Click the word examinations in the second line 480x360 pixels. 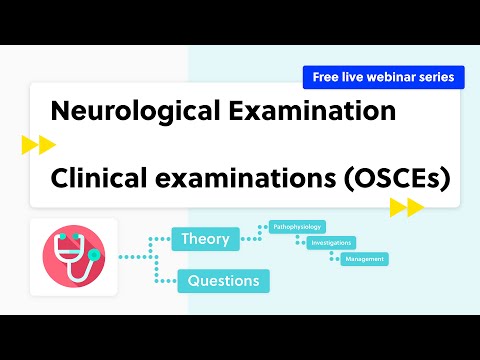point(239,178)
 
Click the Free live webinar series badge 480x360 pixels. point(384,76)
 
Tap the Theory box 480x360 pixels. point(206,239)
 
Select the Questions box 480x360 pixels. point(223,281)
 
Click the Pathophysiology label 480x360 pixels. point(297,227)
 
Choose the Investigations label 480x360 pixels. point(331,243)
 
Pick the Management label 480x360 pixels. point(363,259)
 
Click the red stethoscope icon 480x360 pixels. point(72,255)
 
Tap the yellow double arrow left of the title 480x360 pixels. point(38,146)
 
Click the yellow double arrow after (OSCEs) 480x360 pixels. point(407,207)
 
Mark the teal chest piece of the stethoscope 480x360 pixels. point(93,255)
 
